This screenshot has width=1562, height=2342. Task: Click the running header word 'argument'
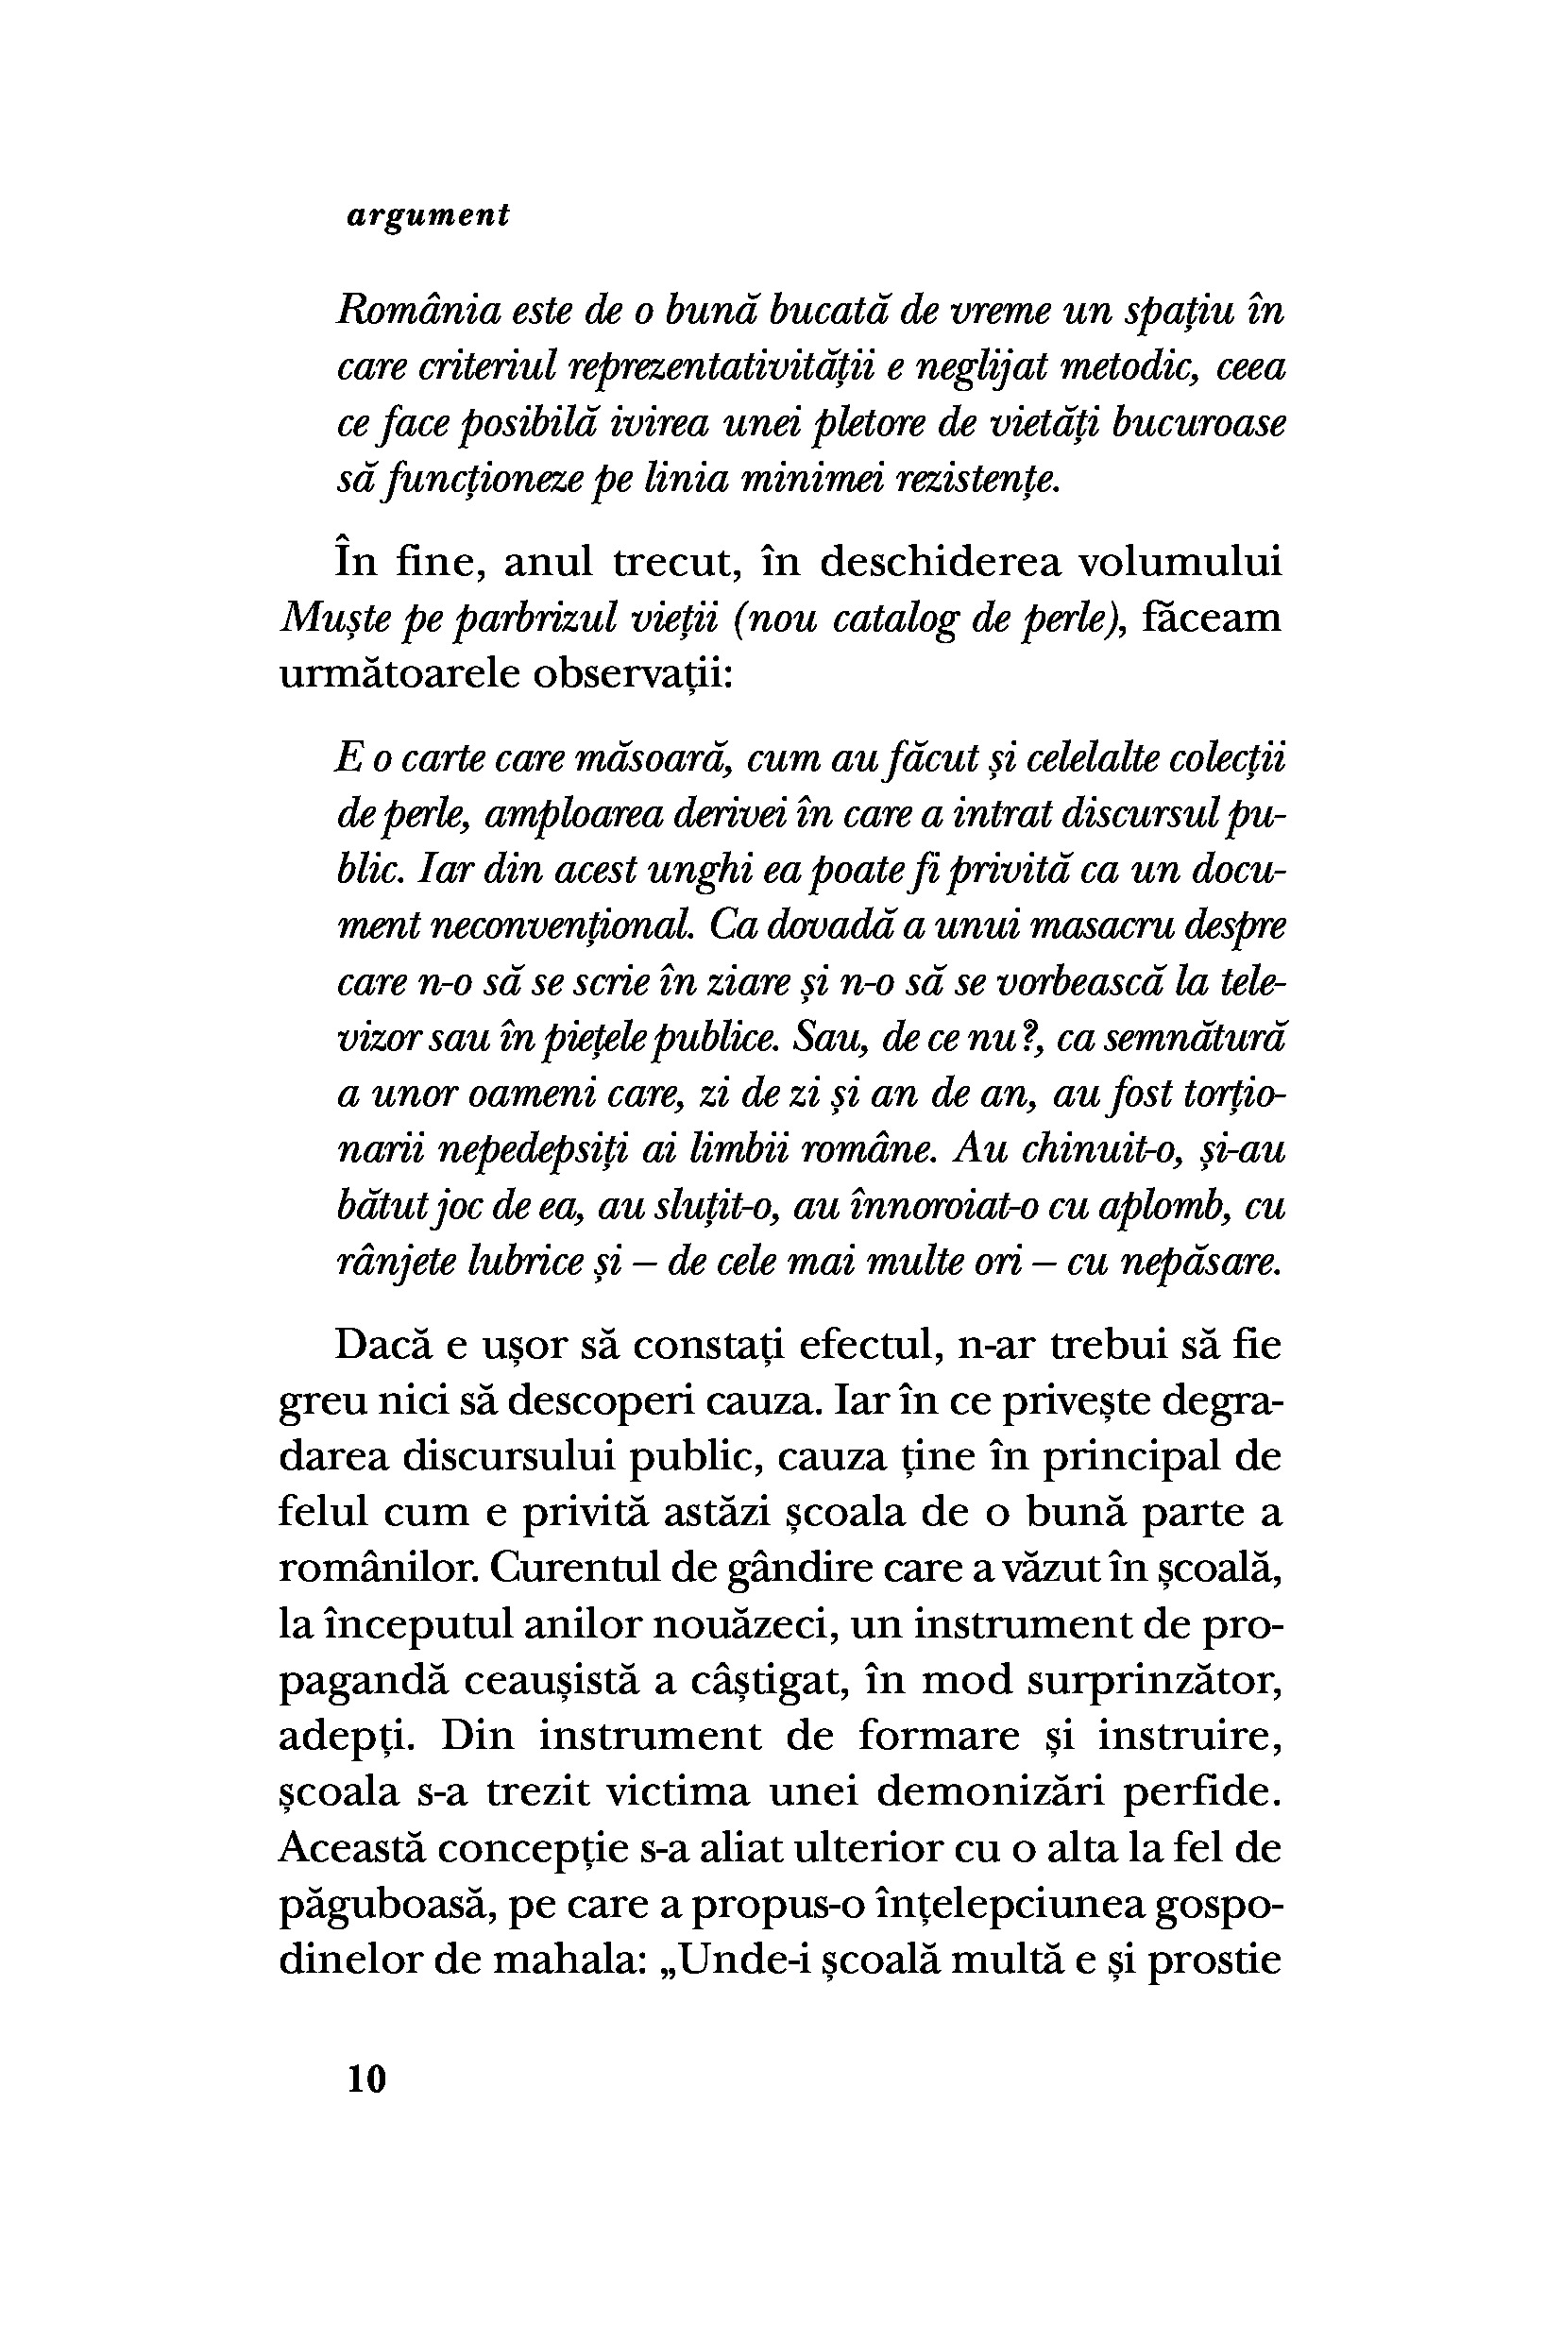429,216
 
